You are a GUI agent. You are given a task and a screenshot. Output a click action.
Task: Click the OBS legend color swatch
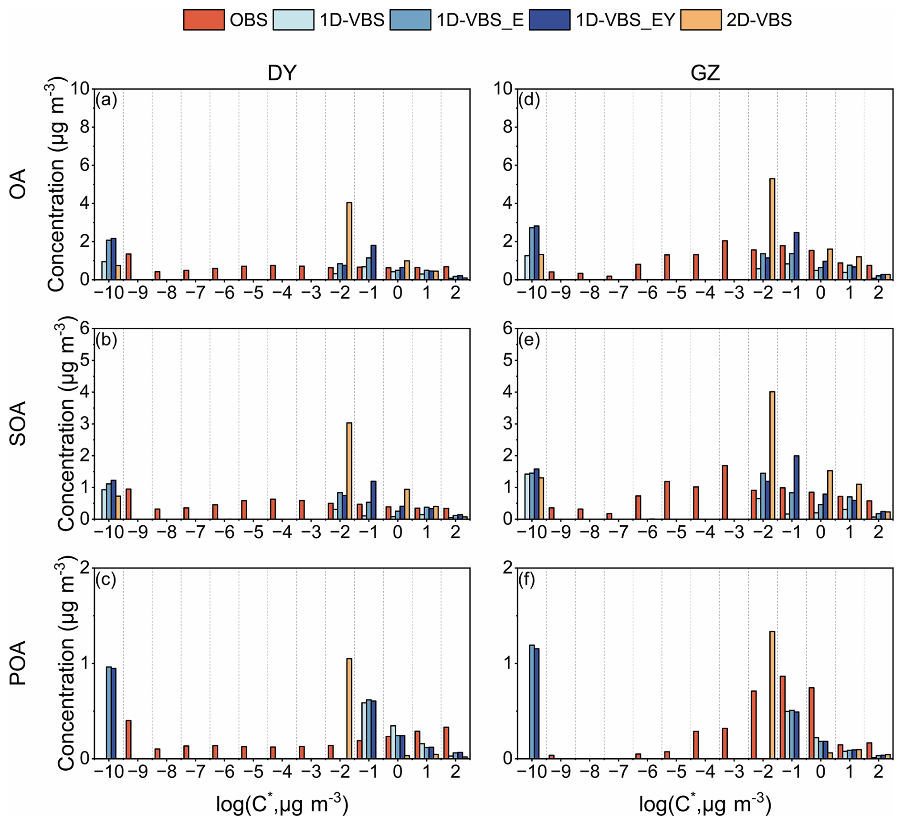[204, 20]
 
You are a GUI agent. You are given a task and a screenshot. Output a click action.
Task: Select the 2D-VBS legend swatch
[701, 20]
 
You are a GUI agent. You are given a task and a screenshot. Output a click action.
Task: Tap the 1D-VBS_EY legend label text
[625, 20]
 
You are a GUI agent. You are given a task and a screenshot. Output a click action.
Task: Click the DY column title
[282, 73]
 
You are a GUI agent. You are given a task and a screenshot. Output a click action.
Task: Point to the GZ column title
[705, 73]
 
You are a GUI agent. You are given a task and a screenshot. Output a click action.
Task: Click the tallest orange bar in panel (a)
[349, 241]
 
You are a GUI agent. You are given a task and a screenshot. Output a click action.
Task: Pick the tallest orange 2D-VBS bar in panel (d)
[772, 229]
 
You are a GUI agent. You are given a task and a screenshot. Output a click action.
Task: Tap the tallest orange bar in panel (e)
[772, 455]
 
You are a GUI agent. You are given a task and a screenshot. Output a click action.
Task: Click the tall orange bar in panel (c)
[349, 709]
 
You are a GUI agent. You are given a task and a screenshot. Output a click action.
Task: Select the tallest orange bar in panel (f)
[772, 695]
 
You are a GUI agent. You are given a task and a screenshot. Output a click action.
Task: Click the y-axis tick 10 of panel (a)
[80, 89]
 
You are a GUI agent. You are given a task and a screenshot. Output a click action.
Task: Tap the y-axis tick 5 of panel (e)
[507, 360]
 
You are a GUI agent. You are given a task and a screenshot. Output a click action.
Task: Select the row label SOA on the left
[18, 423]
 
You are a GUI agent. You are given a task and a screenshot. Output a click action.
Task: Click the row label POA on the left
[18, 663]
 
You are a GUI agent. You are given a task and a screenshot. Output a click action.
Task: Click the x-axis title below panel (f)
[705, 804]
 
